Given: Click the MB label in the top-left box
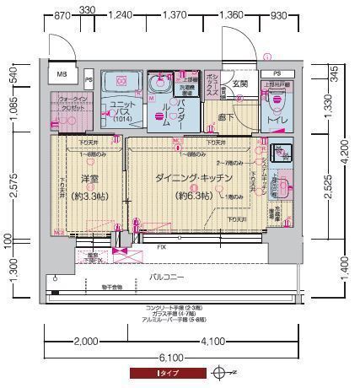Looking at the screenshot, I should pyautogui.click(x=62, y=75).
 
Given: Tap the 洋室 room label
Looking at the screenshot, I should pyautogui.click(x=90, y=179).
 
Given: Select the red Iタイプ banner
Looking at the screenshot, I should pyautogui.click(x=166, y=371).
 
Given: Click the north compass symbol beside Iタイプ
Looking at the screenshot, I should pyautogui.click(x=221, y=371).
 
